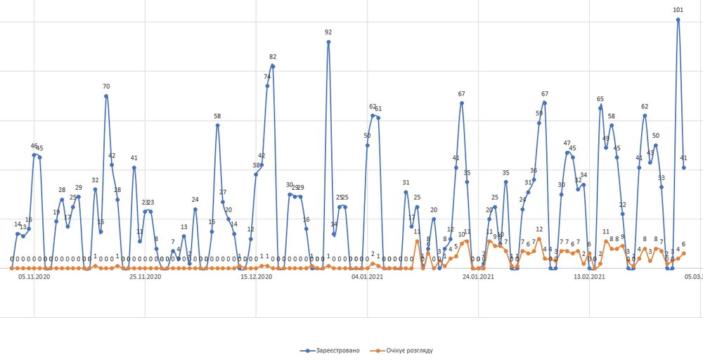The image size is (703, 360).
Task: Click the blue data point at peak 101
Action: [x=678, y=20]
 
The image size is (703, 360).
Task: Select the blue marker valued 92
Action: [x=328, y=42]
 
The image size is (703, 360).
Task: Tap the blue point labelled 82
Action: [x=273, y=66]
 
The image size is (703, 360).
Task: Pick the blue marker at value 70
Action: [x=106, y=96]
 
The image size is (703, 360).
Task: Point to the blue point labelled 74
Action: [x=267, y=86]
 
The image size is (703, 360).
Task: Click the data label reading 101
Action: [x=678, y=10]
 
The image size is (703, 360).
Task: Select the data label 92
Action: [x=328, y=32]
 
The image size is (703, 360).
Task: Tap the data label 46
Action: [x=34, y=146]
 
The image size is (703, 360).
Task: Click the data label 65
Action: [x=600, y=99]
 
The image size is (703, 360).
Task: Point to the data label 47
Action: [x=567, y=143]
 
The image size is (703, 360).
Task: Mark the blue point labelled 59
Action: [x=539, y=123]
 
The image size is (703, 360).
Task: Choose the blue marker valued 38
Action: [x=256, y=174]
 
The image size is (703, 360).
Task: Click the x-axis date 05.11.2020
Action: [x=34, y=278]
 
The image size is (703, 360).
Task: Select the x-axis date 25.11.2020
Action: [x=146, y=278]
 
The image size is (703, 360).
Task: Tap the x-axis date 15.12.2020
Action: [x=257, y=278]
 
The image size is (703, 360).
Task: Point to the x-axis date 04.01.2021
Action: [x=367, y=278]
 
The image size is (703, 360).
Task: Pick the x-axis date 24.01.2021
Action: [x=478, y=278]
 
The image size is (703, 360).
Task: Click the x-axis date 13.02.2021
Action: [x=589, y=278]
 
